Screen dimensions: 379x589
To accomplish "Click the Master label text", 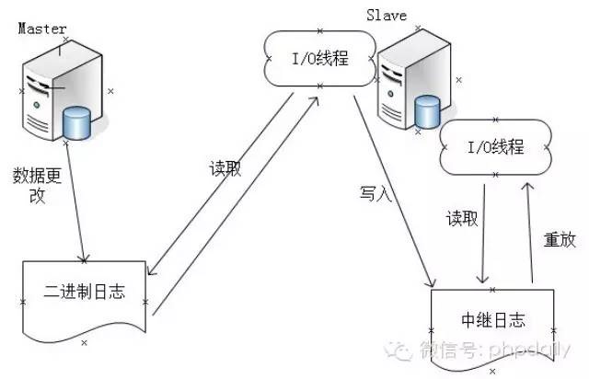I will pos(42,29).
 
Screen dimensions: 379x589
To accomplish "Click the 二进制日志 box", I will pos(84,293).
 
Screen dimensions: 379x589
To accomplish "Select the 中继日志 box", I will pos(492,318).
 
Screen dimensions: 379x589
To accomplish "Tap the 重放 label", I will pos(559,240).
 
